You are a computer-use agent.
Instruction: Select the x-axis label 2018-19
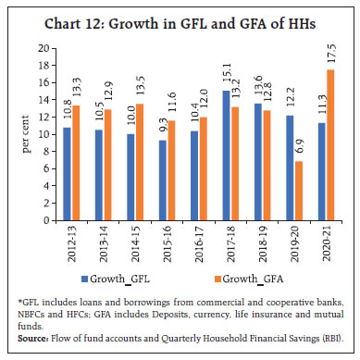(x=266, y=241)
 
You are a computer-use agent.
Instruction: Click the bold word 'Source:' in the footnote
(x=34, y=341)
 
